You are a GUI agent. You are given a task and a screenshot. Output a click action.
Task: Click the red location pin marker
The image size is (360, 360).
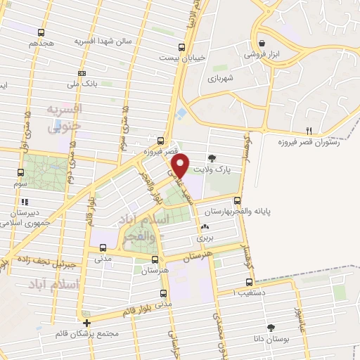pyautogui.click(x=181, y=165)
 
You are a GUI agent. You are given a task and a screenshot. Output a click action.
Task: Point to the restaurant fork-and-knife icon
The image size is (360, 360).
pyautogui.click(x=309, y=131)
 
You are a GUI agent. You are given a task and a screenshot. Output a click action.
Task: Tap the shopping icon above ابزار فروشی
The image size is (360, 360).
pyautogui.click(x=262, y=42)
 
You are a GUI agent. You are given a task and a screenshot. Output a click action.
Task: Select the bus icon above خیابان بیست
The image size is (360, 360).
pyautogui.click(x=182, y=47)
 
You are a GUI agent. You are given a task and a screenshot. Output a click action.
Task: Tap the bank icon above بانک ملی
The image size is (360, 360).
pyautogui.click(x=83, y=73)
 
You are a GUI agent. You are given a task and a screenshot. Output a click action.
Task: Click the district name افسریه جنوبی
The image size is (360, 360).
pyautogui.click(x=65, y=117)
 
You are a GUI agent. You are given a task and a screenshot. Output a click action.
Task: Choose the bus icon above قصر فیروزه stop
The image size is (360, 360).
pyautogui.click(x=161, y=140)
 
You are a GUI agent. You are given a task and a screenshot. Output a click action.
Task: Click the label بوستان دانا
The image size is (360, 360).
pyautogui.click(x=270, y=339)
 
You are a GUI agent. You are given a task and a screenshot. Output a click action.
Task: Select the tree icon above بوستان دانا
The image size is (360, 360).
pyautogui.click(x=270, y=328)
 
